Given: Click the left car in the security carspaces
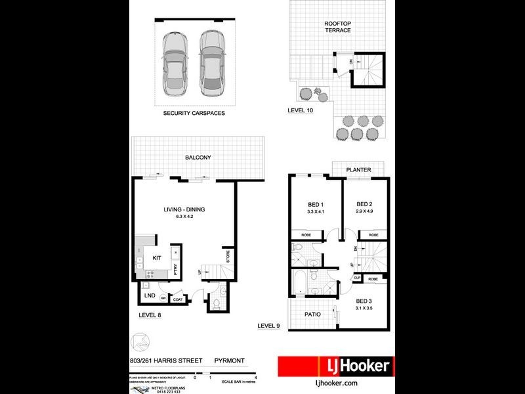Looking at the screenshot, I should click(175, 63).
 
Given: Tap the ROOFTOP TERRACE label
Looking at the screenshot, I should click(338, 27).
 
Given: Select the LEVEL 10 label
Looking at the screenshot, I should click(301, 110).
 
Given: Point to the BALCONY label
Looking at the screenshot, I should click(198, 158).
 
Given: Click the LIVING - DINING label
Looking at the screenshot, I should click(184, 209).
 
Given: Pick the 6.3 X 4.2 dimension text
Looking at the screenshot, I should click(184, 217).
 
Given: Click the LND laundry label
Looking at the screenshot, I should click(149, 296).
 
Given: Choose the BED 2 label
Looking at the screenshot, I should click(364, 204).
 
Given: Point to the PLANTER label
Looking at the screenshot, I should click(359, 170).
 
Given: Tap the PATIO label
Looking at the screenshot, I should click(313, 315).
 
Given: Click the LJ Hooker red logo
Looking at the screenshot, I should click(336, 366).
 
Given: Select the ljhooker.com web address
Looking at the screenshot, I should click(336, 383).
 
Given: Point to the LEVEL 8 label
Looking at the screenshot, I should click(150, 316).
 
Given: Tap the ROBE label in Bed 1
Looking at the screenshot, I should click(306, 234).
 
